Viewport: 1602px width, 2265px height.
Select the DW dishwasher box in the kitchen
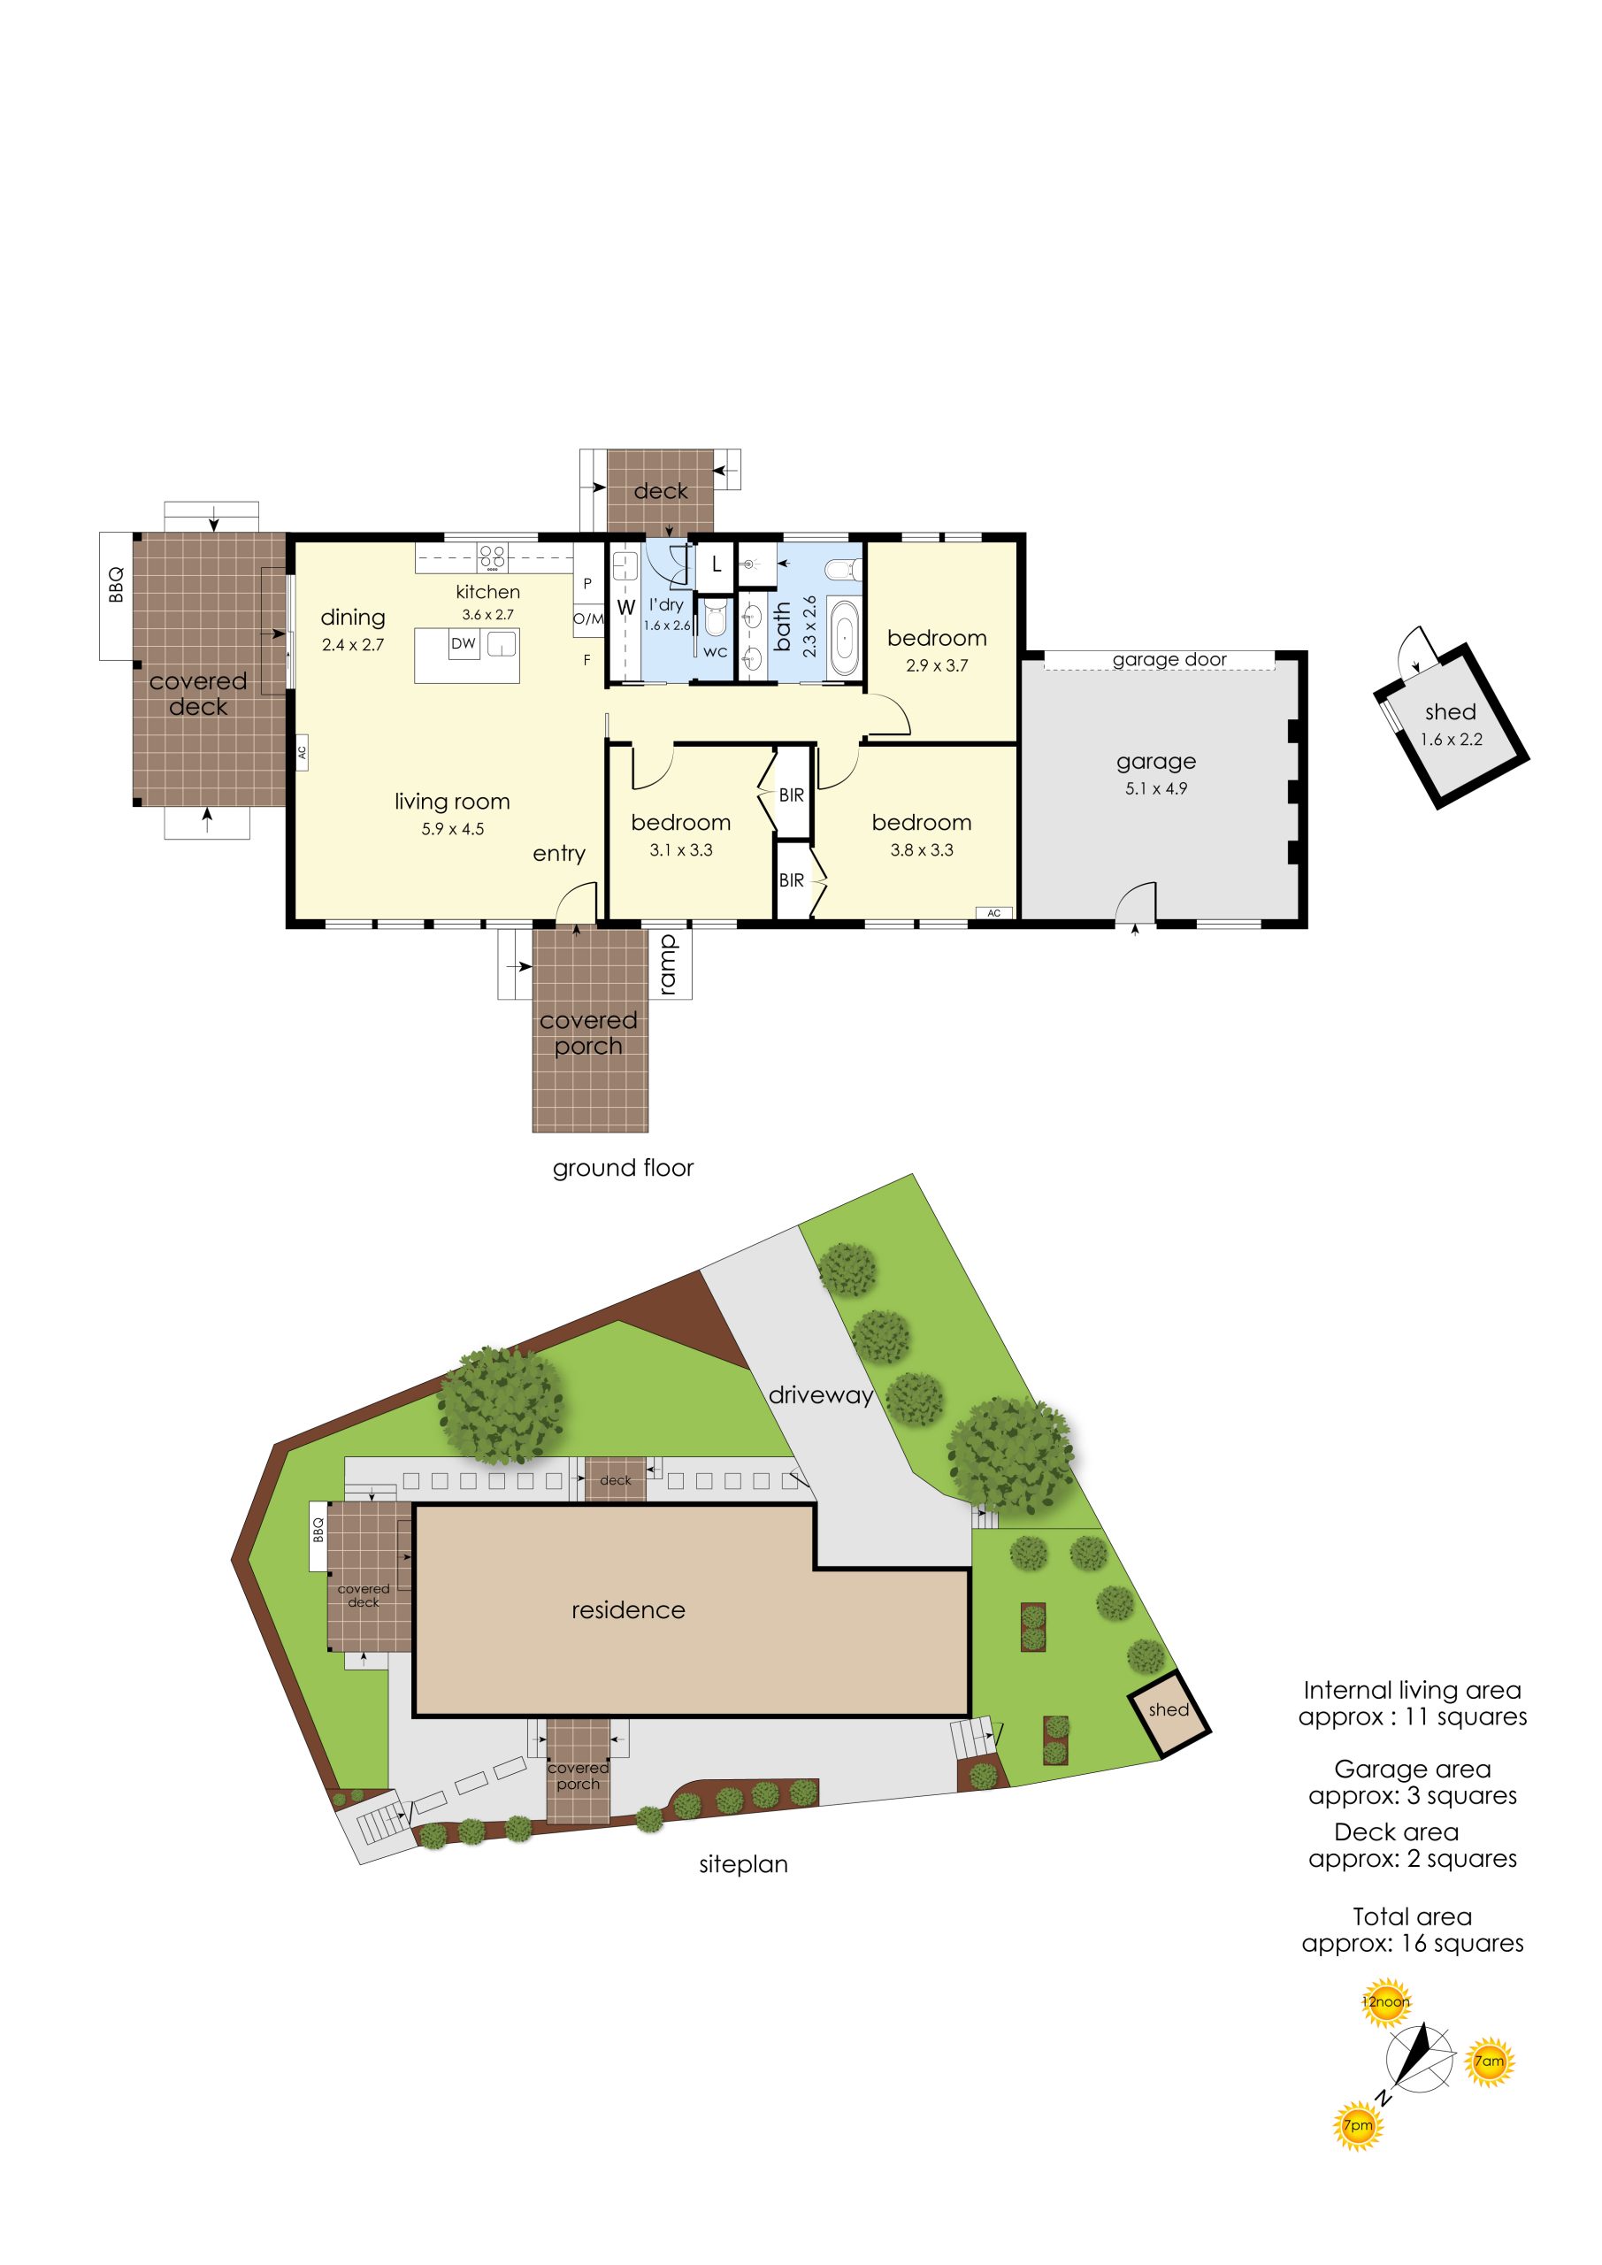pyautogui.click(x=464, y=644)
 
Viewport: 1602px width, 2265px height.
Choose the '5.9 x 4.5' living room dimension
pyautogui.click(x=453, y=829)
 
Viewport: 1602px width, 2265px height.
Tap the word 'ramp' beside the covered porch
pyautogui.click(x=668, y=964)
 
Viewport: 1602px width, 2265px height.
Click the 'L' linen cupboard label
pyautogui.click(x=717, y=565)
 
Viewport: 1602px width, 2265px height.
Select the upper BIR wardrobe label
pyautogui.click(x=791, y=795)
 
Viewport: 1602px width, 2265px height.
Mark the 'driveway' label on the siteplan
pyautogui.click(x=821, y=1395)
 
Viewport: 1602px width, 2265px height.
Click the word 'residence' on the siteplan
pyautogui.click(x=628, y=1610)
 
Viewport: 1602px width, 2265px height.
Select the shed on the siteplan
pyautogui.click(x=1169, y=1714)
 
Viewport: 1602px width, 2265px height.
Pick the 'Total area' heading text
pyautogui.click(x=1412, y=1916)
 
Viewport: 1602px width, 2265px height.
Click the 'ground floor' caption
pyautogui.click(x=624, y=1168)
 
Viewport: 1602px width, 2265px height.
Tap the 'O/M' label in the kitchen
pyautogui.click(x=589, y=618)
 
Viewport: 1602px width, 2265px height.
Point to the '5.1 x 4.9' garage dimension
pyautogui.click(x=1156, y=788)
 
